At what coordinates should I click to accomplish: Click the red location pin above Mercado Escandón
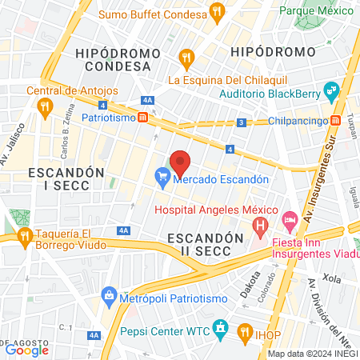180,162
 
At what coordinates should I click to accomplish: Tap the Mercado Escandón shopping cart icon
163,179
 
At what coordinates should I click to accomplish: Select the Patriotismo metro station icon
142,117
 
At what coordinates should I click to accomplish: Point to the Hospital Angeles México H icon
260,226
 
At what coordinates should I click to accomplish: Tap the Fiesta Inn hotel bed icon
290,218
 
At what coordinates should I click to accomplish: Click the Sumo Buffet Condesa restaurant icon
216,12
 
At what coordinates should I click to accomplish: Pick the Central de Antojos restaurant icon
45,105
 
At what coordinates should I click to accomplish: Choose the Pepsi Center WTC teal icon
222,329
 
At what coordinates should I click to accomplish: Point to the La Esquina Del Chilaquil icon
186,58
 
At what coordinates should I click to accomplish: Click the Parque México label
317,11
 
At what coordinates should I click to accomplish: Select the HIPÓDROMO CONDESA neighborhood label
112,58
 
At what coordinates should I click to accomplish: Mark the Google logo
26,350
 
